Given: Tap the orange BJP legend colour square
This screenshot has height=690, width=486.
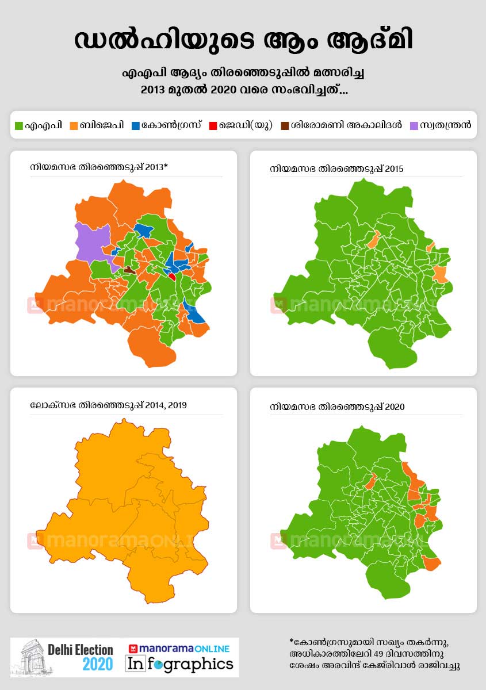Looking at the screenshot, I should pyautogui.click(x=74, y=125).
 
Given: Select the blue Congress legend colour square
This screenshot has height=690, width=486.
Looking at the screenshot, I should pyautogui.click(x=136, y=125).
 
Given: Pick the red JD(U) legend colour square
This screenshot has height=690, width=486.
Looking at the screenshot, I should pyautogui.click(x=213, y=125).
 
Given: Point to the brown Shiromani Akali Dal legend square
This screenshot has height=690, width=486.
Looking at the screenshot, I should pyautogui.click(x=285, y=125).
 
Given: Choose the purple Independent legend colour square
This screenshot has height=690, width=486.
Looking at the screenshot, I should pyautogui.click(x=414, y=125).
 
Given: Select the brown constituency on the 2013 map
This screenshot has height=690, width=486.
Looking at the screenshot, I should pyautogui.click(x=130, y=269).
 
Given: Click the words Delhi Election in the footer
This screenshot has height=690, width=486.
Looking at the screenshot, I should pyautogui.click(x=80, y=650).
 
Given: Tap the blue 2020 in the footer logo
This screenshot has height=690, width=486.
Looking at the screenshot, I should pyautogui.click(x=98, y=665).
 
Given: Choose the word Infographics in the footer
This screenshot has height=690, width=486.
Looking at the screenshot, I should pyautogui.click(x=180, y=664).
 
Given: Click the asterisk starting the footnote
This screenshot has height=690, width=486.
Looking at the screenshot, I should pyautogui.click(x=292, y=641).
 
